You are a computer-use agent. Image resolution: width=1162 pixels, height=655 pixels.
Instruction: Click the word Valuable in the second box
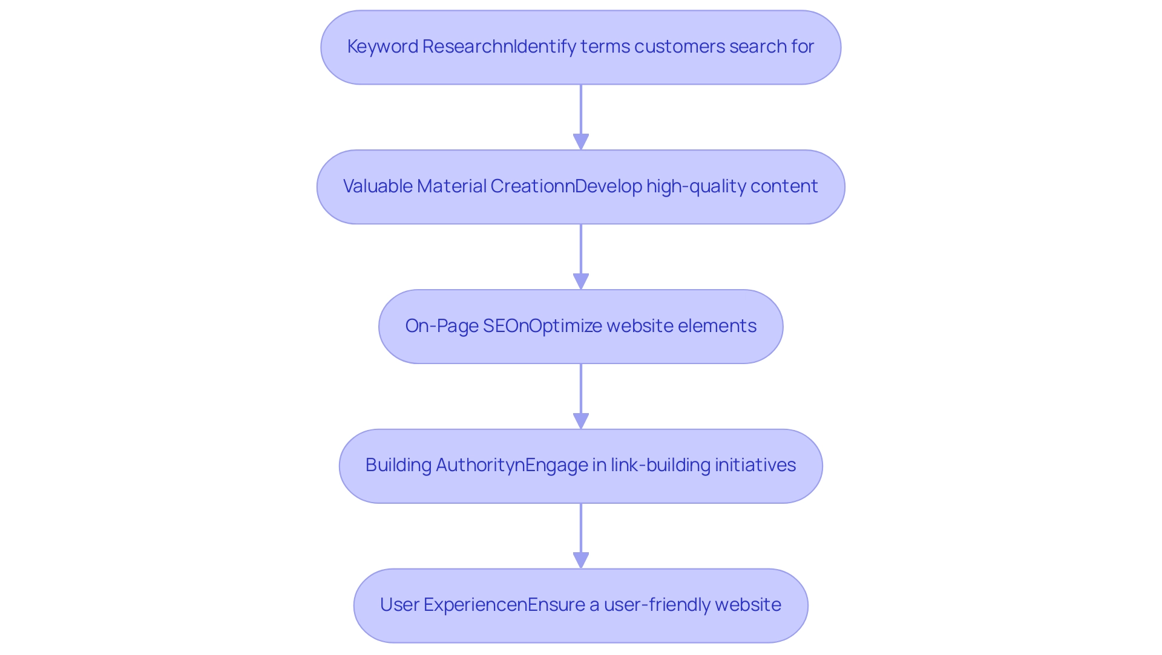[x=378, y=186]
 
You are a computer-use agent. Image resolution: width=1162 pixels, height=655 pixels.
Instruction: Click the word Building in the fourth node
[x=398, y=465]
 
